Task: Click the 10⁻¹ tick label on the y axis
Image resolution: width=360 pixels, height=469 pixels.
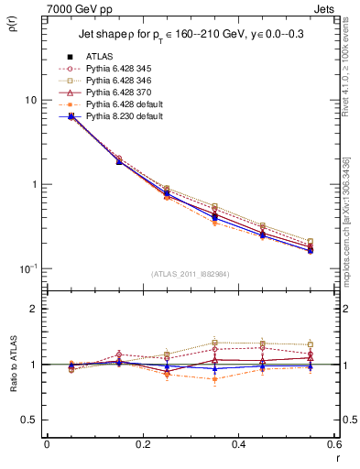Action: point(28,267)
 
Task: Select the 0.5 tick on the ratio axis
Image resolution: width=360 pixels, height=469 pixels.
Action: point(28,420)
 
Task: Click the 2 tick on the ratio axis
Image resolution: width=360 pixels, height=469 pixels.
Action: point(33,310)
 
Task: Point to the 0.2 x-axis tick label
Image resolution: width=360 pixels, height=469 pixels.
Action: point(142,444)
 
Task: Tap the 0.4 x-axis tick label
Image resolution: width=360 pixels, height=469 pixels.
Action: point(238,444)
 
